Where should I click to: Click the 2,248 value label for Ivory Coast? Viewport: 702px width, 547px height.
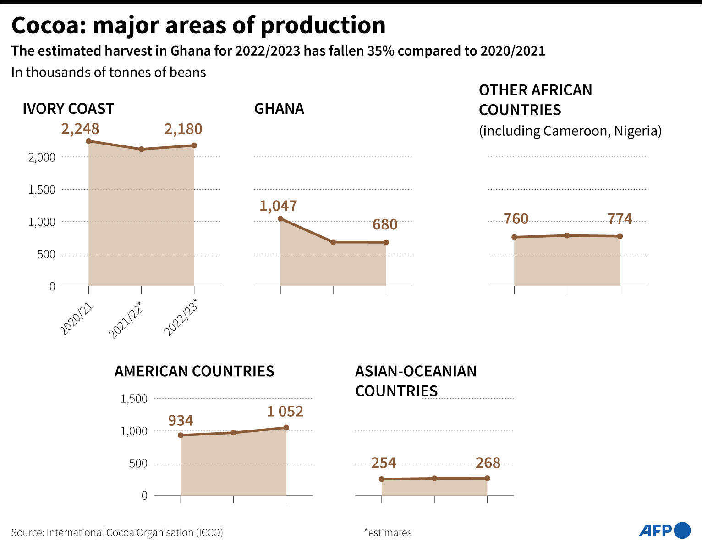[x=80, y=129]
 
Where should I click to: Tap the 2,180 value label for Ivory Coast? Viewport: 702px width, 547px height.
[x=183, y=129]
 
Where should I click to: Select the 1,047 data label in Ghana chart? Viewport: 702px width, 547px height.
[x=278, y=206]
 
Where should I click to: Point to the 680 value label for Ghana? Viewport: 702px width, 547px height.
[x=385, y=224]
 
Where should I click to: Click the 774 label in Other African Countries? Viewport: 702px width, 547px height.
[x=620, y=219]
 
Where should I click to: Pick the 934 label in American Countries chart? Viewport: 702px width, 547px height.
[x=181, y=420]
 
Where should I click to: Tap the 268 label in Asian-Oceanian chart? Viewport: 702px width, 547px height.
[x=488, y=463]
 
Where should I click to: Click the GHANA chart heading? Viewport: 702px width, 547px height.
[x=279, y=109]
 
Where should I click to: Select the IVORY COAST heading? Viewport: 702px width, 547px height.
[x=68, y=109]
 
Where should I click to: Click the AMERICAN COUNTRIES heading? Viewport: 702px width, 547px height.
[x=194, y=371]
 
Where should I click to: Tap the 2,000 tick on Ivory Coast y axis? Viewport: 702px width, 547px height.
[x=42, y=157]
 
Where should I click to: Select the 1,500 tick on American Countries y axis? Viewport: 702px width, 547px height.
[x=134, y=399]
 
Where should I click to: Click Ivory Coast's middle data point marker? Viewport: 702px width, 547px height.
[x=141, y=149]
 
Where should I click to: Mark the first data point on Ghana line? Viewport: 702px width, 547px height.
[x=280, y=218]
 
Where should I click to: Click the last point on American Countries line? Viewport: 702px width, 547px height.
[x=286, y=428]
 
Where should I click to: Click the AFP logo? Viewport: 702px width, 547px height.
[x=664, y=530]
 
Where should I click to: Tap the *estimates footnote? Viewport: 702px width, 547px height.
[x=388, y=533]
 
